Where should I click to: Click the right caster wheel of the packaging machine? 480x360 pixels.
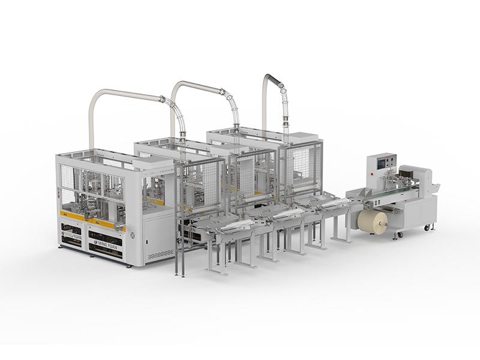point(427,227)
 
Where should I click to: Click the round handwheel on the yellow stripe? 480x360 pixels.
point(118,226)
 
